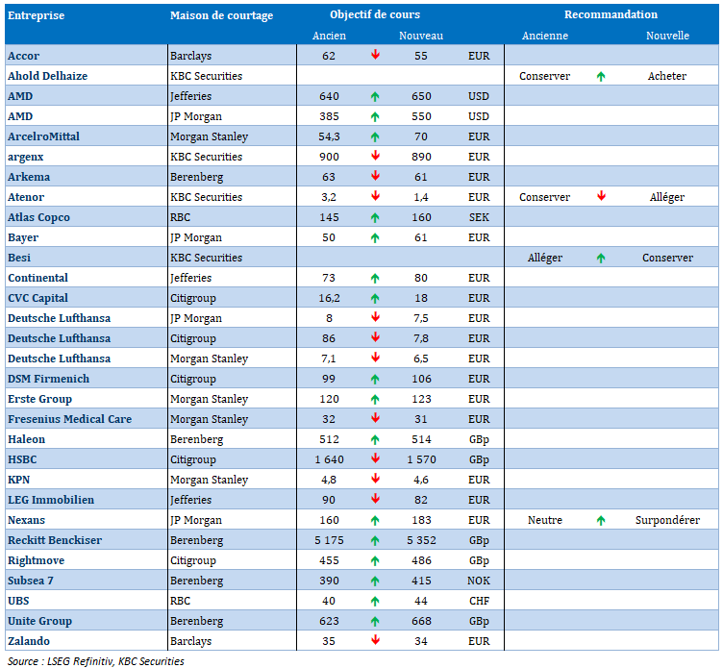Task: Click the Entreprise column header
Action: point(36,15)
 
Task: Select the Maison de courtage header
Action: point(221,15)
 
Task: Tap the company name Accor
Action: point(23,56)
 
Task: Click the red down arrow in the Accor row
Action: point(375,55)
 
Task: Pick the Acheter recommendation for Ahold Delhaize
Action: point(666,76)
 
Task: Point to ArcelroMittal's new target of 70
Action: point(420,136)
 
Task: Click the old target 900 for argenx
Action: point(329,157)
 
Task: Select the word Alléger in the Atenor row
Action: point(666,197)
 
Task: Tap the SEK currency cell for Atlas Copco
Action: point(479,217)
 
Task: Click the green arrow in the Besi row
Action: point(600,259)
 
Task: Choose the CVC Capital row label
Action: point(37,298)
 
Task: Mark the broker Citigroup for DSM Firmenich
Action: point(192,380)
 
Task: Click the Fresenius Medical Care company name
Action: point(69,419)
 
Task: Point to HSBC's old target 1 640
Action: point(329,459)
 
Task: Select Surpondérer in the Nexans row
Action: point(667,521)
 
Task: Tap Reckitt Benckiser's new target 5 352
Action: point(421,540)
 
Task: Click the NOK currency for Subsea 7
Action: point(479,581)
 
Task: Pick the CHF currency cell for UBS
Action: point(479,601)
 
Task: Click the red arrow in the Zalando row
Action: point(375,640)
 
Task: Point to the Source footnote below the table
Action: point(96,661)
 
